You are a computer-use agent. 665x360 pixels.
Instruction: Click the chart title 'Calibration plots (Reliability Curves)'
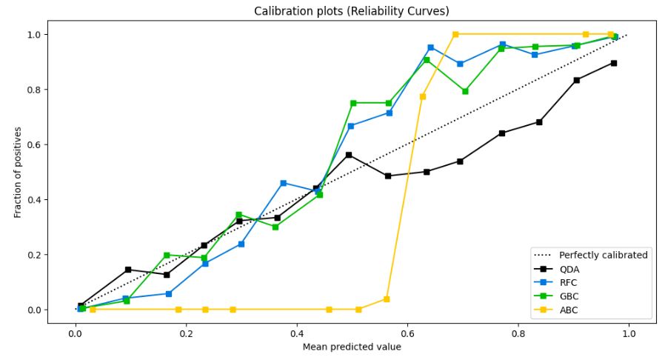pyautogui.click(x=352, y=11)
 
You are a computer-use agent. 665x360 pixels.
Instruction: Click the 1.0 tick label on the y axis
pyautogui.click(x=35, y=35)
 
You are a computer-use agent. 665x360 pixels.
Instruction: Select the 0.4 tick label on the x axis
pyautogui.click(x=296, y=334)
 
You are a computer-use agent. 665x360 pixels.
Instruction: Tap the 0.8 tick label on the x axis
pyautogui.click(x=518, y=334)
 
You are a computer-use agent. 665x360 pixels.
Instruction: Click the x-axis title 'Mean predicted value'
pyautogui.click(x=352, y=347)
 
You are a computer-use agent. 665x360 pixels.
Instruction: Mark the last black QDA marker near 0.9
pyautogui.click(x=613, y=63)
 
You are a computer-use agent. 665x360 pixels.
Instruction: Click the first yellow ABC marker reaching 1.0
pyautogui.click(x=455, y=34)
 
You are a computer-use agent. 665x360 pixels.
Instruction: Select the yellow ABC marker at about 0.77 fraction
pyautogui.click(x=423, y=96)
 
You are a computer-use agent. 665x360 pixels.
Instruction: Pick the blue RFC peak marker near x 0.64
pyautogui.click(x=430, y=47)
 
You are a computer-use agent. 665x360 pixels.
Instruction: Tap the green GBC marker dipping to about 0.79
pyautogui.click(x=465, y=91)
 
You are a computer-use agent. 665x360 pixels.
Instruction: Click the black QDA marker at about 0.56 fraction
pyautogui.click(x=349, y=155)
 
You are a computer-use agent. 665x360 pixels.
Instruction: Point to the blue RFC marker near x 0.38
pyautogui.click(x=283, y=183)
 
